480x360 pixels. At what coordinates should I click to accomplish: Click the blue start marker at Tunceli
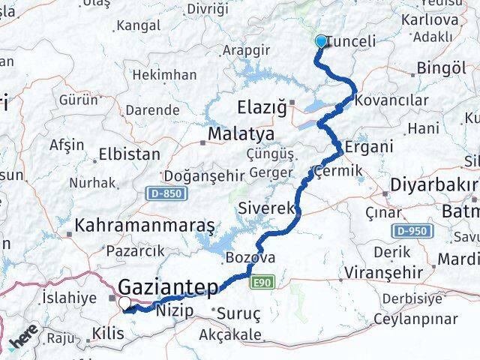321,41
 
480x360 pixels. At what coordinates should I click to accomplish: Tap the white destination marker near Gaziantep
124,303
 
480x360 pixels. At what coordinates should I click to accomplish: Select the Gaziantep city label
168,286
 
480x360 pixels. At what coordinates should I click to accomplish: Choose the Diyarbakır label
433,184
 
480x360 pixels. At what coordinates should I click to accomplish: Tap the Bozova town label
250,258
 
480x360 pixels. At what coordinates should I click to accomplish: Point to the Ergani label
368,146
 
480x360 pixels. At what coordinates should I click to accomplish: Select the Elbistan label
130,154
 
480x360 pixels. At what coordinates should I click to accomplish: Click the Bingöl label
441,68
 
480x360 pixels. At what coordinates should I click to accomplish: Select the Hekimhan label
169,75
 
